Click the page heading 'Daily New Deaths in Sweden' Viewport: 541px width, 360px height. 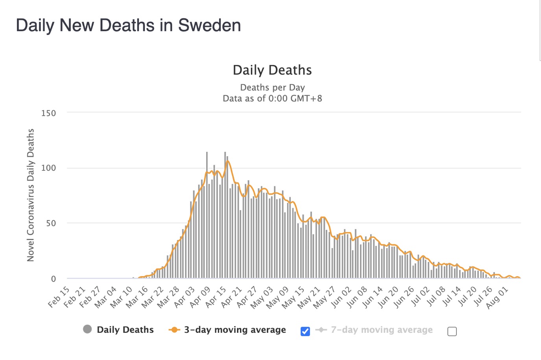(128, 26)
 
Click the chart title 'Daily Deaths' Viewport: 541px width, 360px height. (272, 70)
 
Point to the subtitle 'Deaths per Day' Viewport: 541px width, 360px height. (272, 87)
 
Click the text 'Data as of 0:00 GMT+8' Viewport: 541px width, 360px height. (272, 98)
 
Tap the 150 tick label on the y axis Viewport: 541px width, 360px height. (48, 113)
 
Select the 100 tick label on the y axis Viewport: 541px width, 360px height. (48, 168)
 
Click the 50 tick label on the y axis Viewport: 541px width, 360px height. (51, 223)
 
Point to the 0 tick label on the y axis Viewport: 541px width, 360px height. (54, 279)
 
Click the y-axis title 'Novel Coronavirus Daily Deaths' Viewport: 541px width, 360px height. (31, 195)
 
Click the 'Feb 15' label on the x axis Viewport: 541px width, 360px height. (59, 298)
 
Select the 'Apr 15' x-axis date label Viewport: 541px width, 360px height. (216, 298)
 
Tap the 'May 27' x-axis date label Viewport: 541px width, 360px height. (325, 298)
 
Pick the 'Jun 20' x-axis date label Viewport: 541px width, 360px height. (388, 298)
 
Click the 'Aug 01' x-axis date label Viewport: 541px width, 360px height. (497, 298)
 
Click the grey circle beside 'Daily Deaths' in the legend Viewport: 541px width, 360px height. (87, 329)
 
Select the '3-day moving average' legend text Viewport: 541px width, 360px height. (235, 330)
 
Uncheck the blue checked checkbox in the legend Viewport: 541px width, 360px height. (305, 331)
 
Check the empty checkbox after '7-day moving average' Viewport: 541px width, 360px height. (452, 331)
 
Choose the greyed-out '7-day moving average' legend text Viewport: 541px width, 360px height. (382, 330)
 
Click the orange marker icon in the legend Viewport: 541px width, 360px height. (174, 330)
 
